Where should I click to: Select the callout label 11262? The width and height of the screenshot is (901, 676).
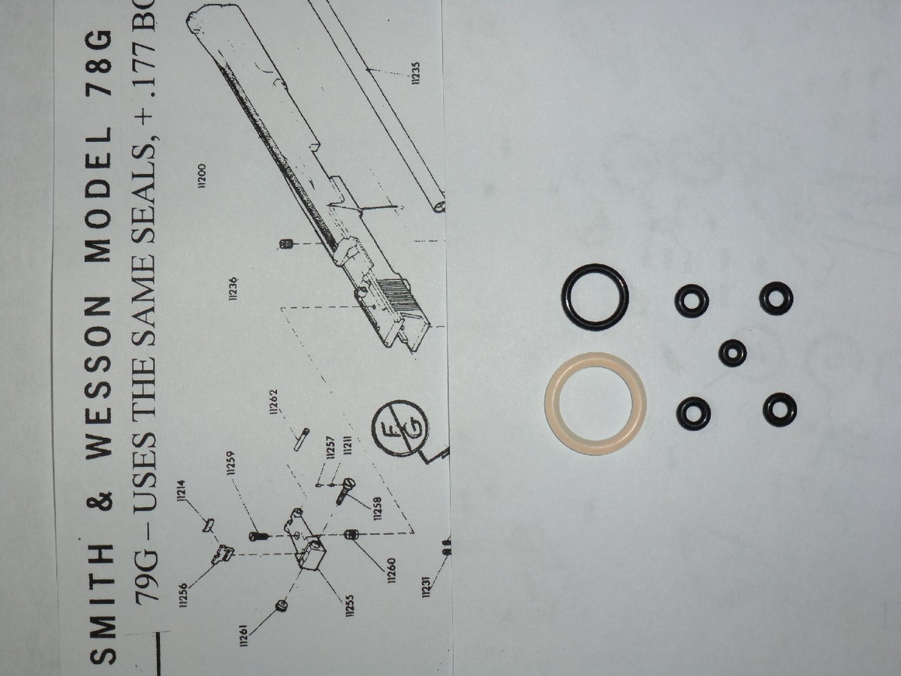[x=273, y=401]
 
